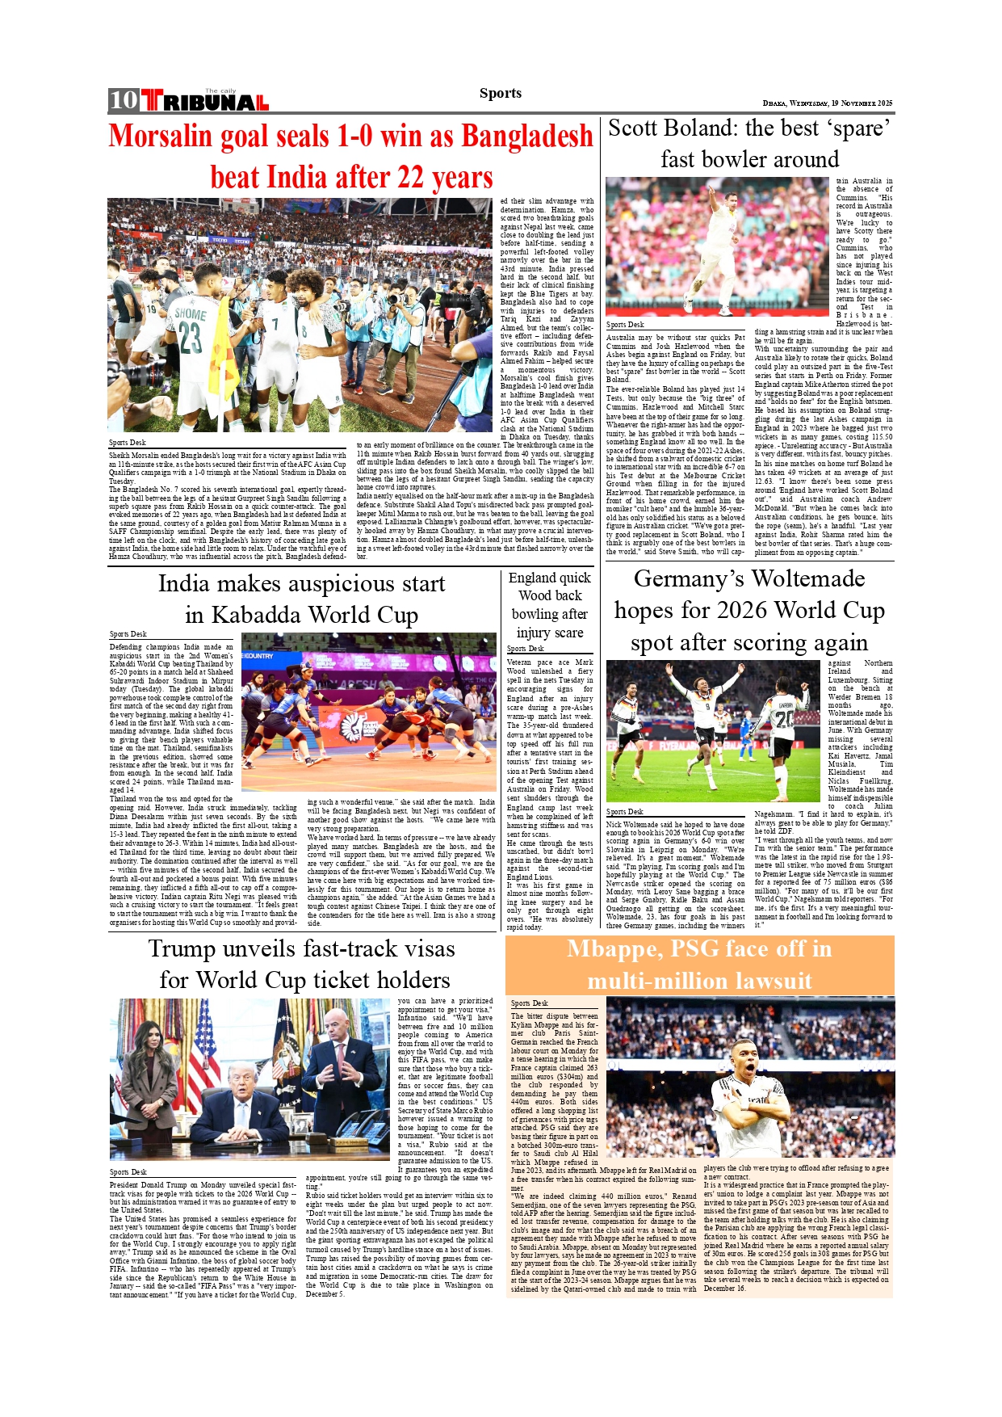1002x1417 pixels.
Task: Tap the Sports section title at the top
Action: pos(500,93)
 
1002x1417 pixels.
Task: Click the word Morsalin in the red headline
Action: pos(161,137)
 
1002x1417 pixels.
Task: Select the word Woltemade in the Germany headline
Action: pos(807,579)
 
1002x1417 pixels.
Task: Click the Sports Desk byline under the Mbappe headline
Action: pos(529,1003)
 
